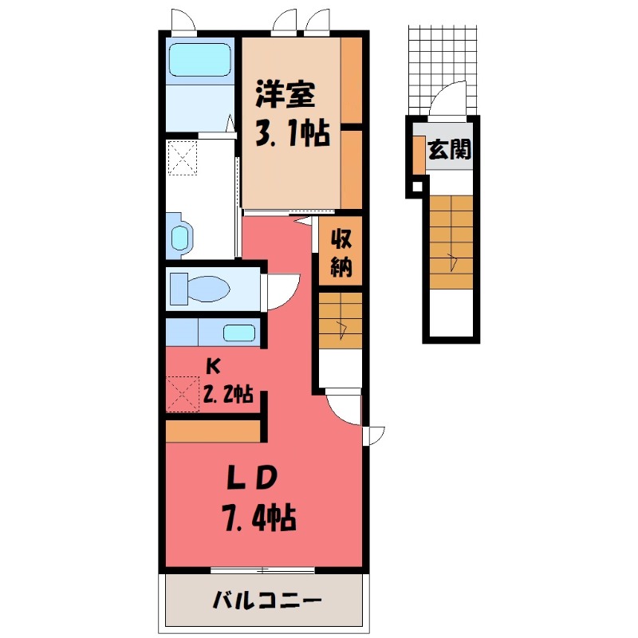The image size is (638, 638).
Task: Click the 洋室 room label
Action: coord(285,96)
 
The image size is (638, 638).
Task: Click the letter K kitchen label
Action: coord(212,367)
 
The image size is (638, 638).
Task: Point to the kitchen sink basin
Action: coord(238,333)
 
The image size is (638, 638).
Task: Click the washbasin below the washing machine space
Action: coord(181,236)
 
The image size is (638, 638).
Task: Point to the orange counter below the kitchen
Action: coord(214,430)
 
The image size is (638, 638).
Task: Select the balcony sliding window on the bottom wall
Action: coord(262,569)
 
